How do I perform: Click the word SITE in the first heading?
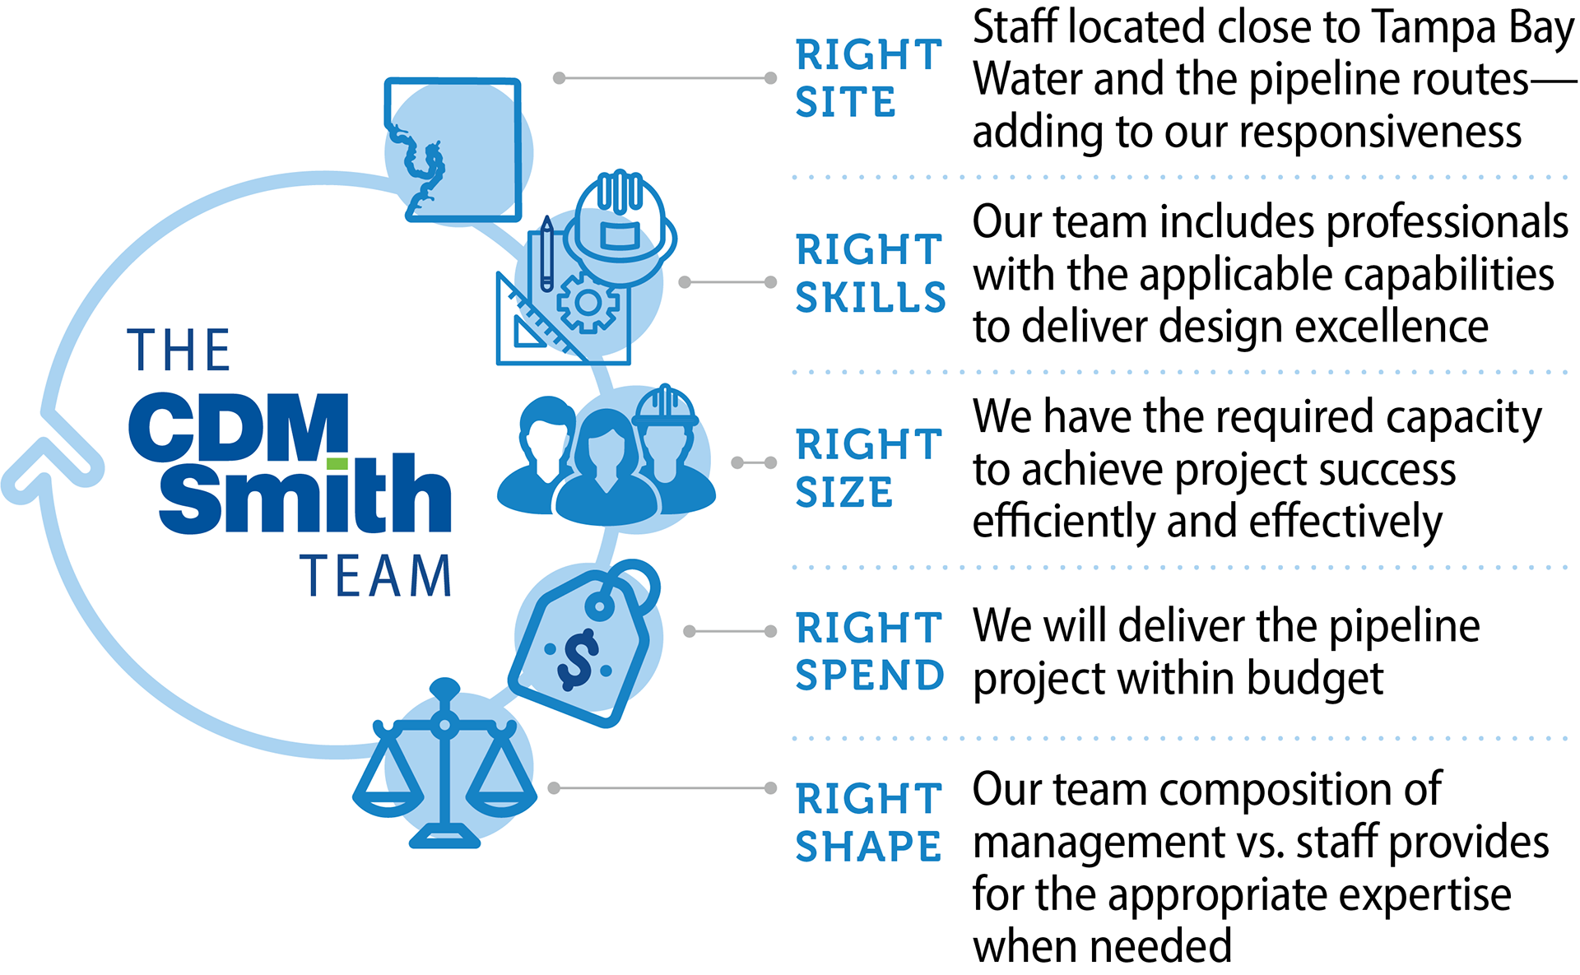click(x=845, y=103)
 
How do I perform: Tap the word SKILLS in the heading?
click(x=871, y=298)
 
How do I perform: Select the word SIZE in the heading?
click(x=843, y=493)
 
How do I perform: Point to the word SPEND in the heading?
click(x=870, y=676)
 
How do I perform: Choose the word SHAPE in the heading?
click(x=868, y=847)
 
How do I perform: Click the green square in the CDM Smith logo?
click(x=337, y=464)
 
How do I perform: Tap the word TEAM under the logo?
click(x=376, y=575)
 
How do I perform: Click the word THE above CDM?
click(x=179, y=351)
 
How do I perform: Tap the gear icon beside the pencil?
click(x=588, y=303)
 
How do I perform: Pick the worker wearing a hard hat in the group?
click(x=668, y=448)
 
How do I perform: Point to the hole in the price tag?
click(x=600, y=608)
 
